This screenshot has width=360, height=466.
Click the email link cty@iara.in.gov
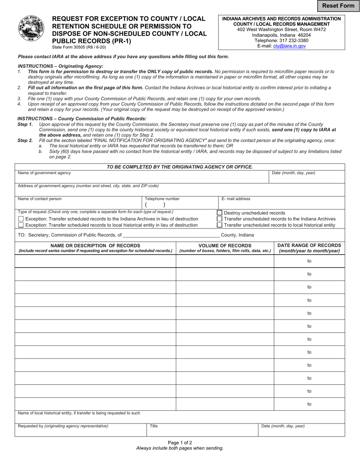tap(290, 46)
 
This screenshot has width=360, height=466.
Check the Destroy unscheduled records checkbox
tap(219, 213)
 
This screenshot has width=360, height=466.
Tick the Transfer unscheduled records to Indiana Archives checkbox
tap(219, 219)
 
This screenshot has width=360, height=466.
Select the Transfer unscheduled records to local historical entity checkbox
tap(219, 225)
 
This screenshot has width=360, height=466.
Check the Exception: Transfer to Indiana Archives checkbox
tap(21, 219)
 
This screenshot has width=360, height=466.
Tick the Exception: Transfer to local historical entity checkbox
tap(21, 225)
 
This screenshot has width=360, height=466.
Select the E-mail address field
tap(282, 205)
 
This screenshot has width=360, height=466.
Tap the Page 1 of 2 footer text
tap(180, 442)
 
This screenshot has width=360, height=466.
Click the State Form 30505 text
tap(79, 47)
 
